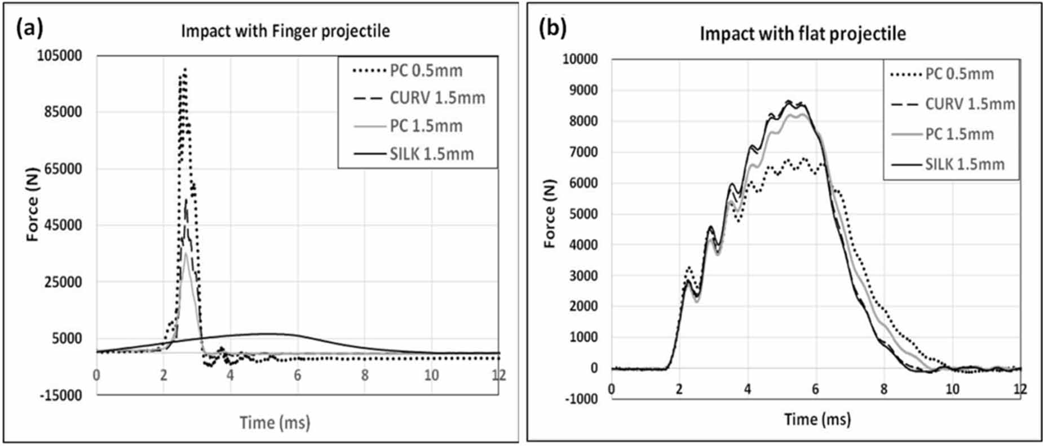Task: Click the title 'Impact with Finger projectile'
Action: click(x=285, y=30)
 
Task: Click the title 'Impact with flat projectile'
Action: click(x=803, y=34)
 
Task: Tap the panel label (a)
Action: click(x=30, y=28)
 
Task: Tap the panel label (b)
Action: click(x=553, y=28)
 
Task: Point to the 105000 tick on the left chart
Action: click(x=59, y=55)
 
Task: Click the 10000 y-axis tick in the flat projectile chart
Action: click(x=581, y=60)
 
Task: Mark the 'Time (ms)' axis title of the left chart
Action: click(x=275, y=422)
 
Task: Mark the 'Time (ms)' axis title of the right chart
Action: click(x=817, y=419)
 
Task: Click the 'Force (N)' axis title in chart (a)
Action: click(x=33, y=204)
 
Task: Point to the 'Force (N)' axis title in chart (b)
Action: click(x=550, y=214)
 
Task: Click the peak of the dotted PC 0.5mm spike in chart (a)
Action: click(x=184, y=69)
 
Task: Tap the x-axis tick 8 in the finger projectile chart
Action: click(x=365, y=375)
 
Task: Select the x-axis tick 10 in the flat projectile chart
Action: click(x=952, y=389)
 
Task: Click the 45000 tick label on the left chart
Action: click(x=62, y=225)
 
